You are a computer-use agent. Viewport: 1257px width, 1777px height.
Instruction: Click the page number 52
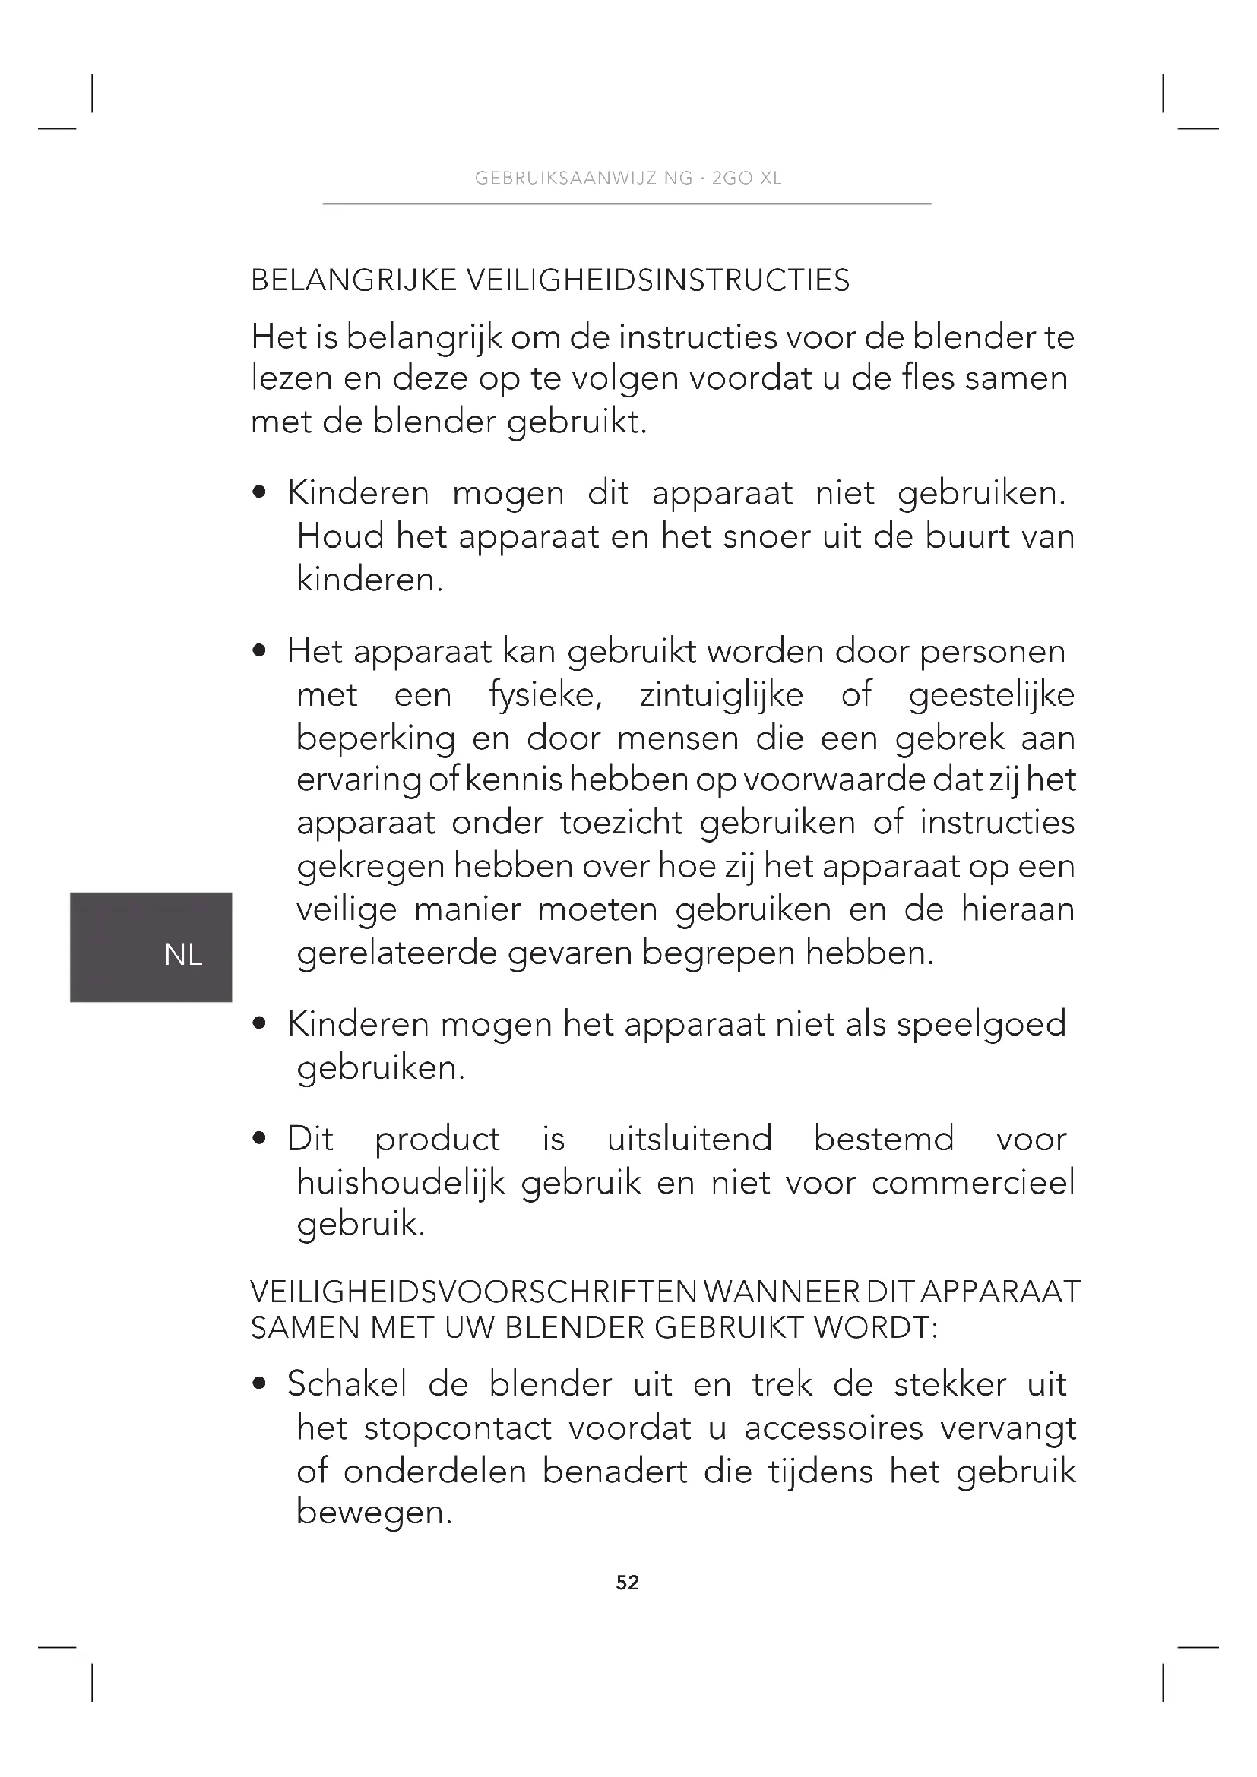(628, 1583)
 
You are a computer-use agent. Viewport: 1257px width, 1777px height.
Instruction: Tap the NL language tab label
(183, 955)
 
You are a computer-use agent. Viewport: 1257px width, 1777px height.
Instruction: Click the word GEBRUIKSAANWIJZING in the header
(584, 178)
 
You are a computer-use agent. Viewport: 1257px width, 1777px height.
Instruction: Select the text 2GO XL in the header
(747, 178)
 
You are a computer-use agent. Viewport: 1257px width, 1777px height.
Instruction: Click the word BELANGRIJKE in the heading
(353, 280)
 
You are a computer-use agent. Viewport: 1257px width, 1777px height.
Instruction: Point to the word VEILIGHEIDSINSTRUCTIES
(657, 280)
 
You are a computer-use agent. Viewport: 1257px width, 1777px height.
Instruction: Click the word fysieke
(546, 694)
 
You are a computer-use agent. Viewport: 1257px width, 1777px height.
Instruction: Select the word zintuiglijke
(721, 694)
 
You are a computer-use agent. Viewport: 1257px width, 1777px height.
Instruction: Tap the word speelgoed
(981, 1025)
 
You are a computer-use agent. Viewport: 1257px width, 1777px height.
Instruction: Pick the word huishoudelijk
(401, 1183)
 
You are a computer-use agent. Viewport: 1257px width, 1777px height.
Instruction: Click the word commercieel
(973, 1182)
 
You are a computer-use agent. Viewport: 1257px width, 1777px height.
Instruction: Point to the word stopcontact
(458, 1428)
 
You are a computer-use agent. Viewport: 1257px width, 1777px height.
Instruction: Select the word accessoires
(834, 1428)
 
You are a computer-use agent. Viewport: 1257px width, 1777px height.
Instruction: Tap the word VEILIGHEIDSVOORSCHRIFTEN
(473, 1292)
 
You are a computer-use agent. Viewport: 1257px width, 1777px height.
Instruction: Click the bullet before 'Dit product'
(260, 1139)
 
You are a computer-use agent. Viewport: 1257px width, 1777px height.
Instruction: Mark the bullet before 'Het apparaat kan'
(260, 651)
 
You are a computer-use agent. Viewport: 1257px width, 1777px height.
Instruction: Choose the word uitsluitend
(689, 1139)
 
